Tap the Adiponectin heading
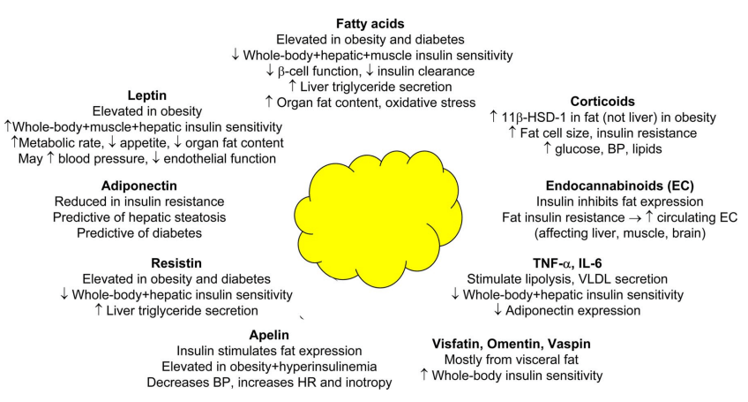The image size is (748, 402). click(140, 186)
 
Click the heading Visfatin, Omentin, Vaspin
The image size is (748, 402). click(512, 343)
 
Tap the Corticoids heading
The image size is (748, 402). click(602, 102)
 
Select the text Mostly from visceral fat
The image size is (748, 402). click(512, 360)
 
